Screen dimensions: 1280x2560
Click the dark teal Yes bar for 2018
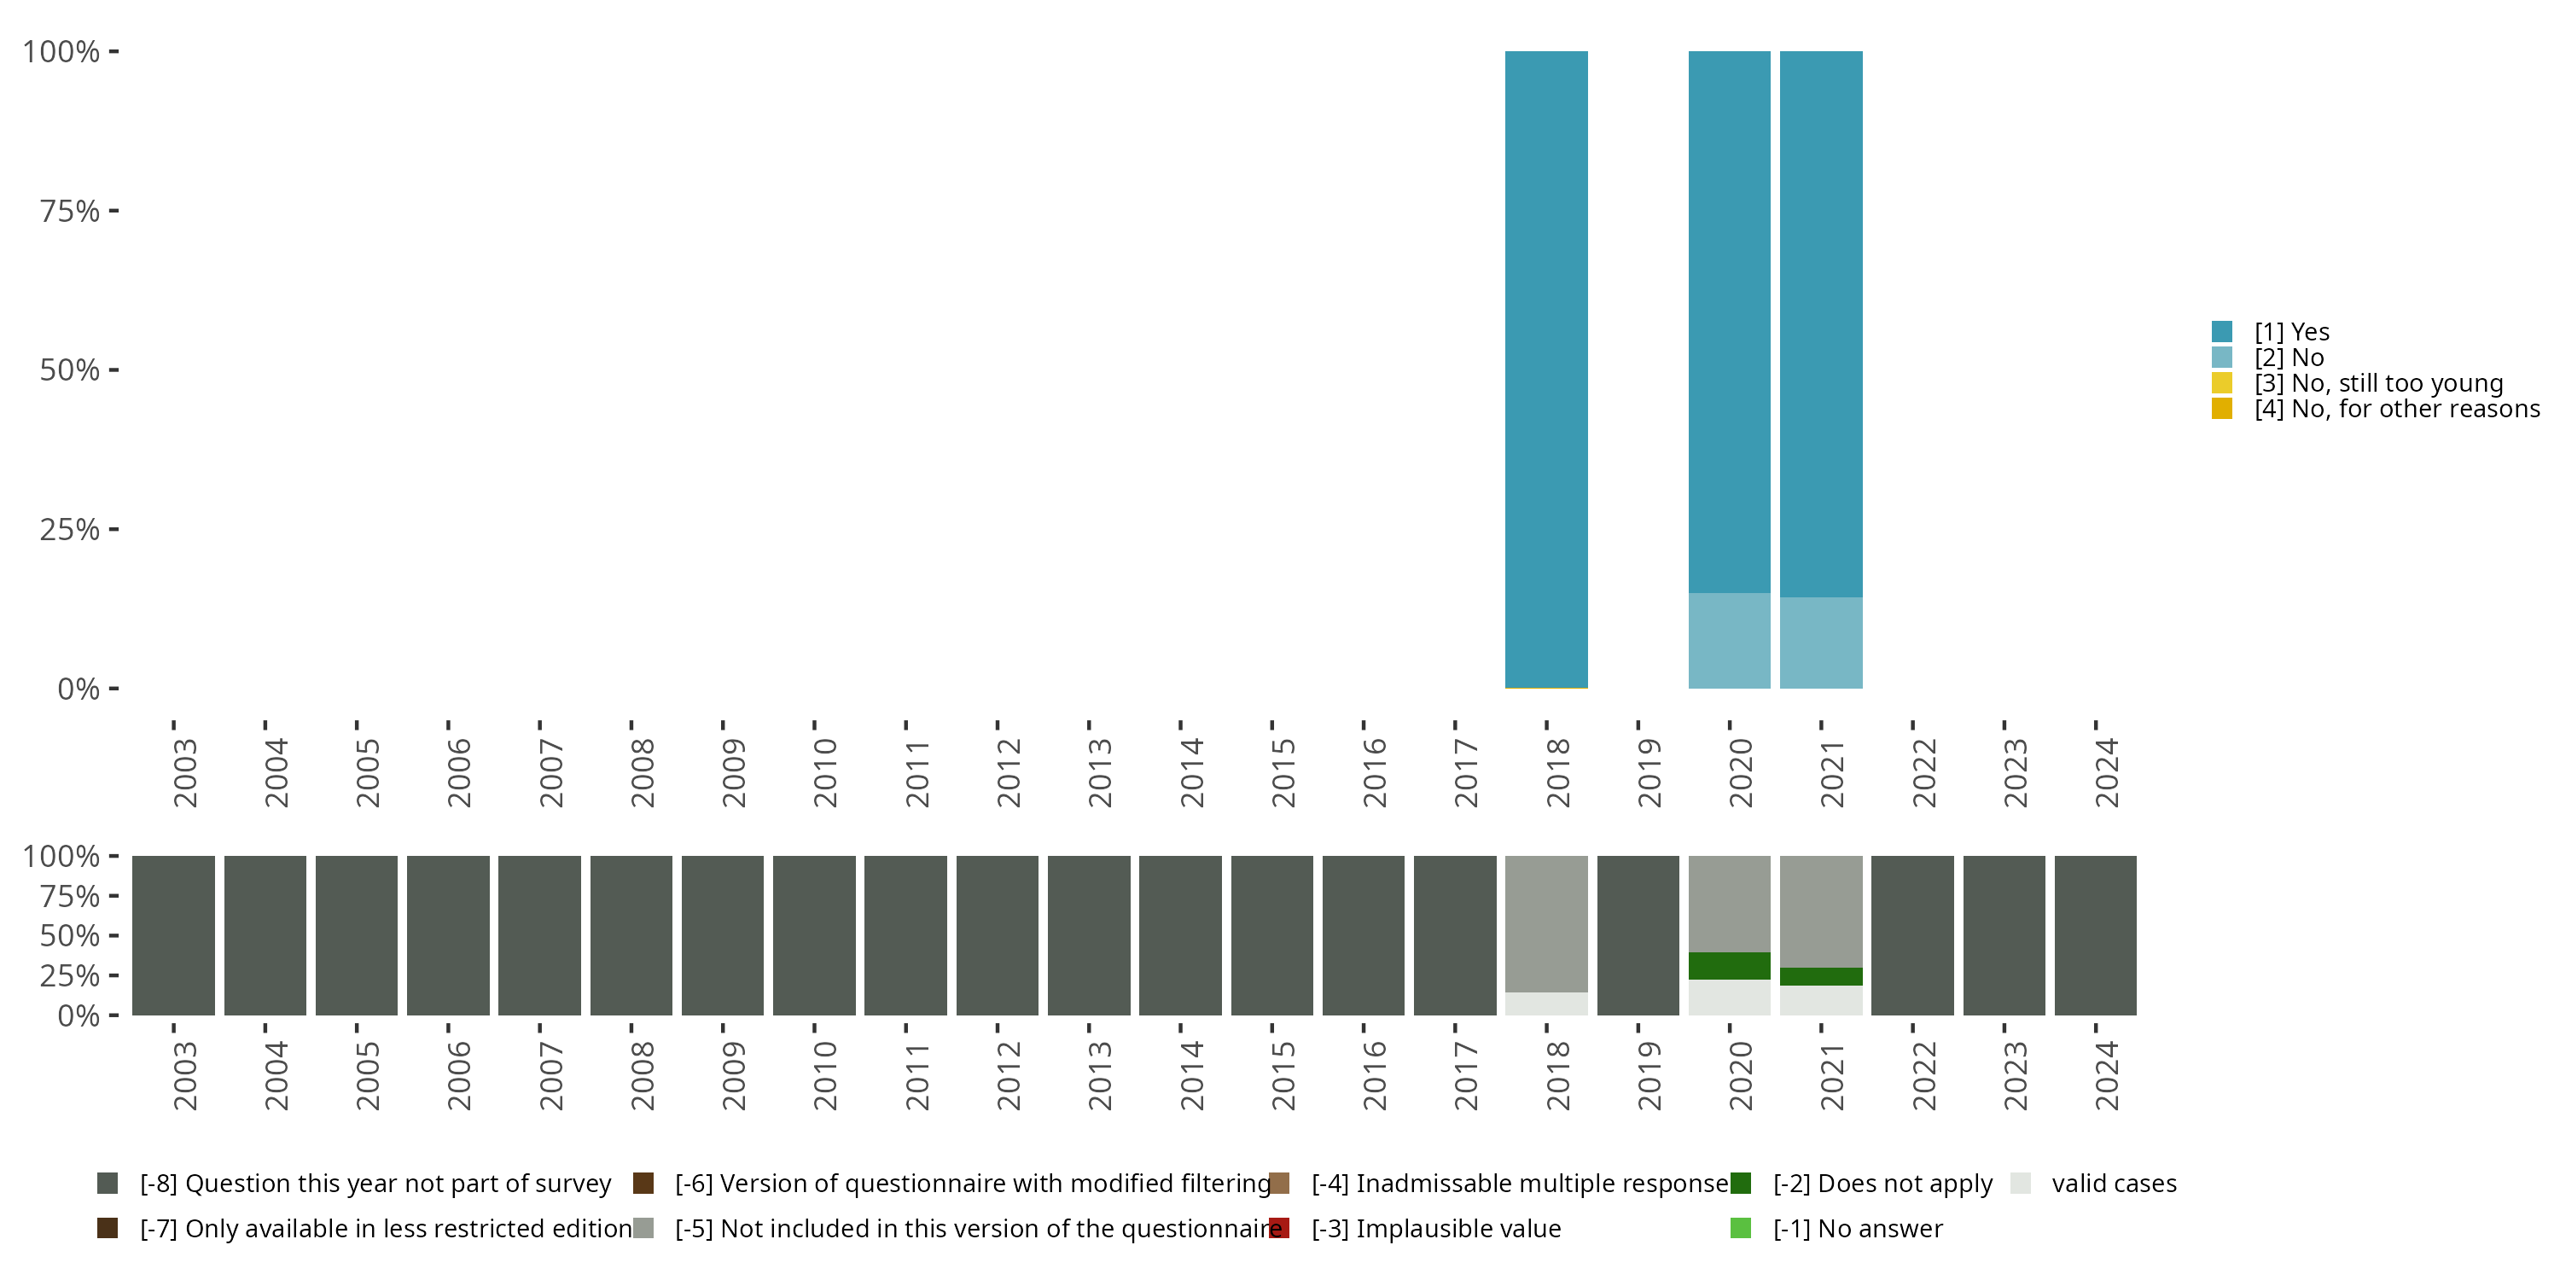(x=1545, y=368)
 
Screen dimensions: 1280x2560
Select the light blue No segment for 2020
(x=1729, y=640)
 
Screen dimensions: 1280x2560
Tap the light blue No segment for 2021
(x=1821, y=642)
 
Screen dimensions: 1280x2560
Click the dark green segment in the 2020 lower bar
(x=1729, y=965)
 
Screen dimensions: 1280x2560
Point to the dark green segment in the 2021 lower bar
(x=1821, y=976)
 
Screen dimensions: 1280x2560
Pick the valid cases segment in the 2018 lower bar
(x=1545, y=1003)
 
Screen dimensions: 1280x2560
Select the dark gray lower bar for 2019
(x=1638, y=935)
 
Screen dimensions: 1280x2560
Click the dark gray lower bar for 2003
(x=173, y=935)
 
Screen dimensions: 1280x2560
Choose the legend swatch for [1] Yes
(x=2222, y=332)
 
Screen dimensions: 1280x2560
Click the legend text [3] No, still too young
(x=2377, y=384)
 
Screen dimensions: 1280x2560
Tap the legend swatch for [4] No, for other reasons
(x=2222, y=409)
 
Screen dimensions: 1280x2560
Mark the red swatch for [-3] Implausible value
(x=1280, y=1228)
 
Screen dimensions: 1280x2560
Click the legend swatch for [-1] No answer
(x=1740, y=1228)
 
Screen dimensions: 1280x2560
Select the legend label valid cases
(x=2114, y=1184)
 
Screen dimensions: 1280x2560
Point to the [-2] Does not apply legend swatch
(x=1740, y=1184)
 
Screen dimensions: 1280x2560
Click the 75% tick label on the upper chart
(x=70, y=211)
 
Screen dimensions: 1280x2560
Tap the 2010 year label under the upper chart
(x=825, y=772)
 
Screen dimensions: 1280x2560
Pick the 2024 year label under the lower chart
(x=2106, y=1075)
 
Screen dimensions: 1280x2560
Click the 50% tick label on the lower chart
(x=70, y=935)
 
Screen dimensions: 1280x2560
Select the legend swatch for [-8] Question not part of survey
(x=108, y=1184)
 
